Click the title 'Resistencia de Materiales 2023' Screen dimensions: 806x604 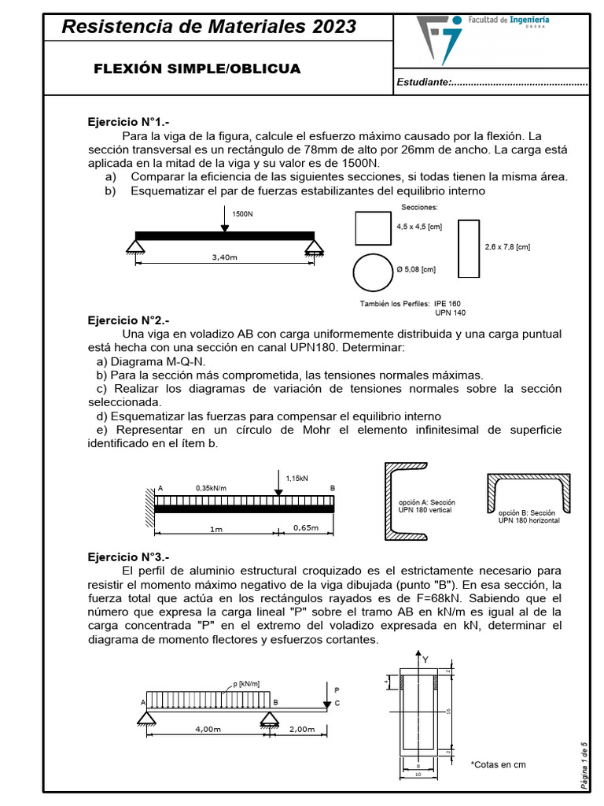(x=208, y=27)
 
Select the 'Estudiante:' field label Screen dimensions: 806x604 (x=424, y=83)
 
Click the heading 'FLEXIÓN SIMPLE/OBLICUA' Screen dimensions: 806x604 (x=197, y=68)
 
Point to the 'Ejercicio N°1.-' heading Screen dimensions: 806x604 (x=127, y=122)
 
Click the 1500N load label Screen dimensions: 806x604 (x=242, y=213)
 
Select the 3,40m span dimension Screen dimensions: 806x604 (x=224, y=257)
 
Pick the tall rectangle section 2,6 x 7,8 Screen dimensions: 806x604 (x=469, y=248)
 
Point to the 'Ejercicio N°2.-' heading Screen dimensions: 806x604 (x=127, y=320)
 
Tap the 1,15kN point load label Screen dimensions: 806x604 (x=297, y=477)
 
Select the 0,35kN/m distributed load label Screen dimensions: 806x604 (x=211, y=488)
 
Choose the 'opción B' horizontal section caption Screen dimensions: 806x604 (x=528, y=516)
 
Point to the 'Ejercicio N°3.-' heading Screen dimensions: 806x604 (x=127, y=556)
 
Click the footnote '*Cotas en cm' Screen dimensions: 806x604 (x=498, y=764)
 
